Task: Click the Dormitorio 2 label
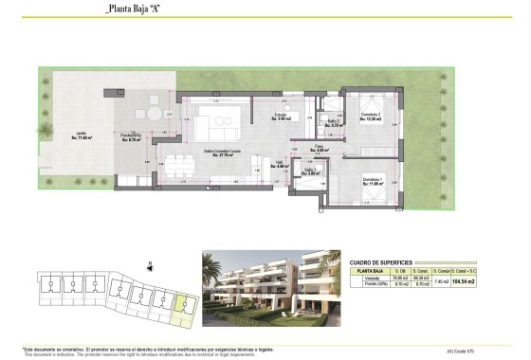pyautogui.click(x=370, y=117)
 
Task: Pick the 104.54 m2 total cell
pyautogui.click(x=489, y=281)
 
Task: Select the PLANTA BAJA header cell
pyautogui.click(x=369, y=272)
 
